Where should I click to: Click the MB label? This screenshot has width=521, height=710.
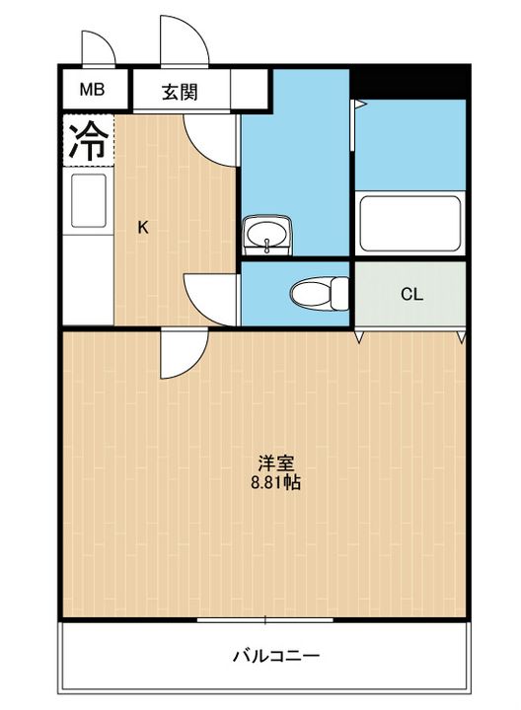click(92, 92)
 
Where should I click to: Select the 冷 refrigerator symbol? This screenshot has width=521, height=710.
click(87, 142)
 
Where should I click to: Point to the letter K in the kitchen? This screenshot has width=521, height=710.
click(143, 228)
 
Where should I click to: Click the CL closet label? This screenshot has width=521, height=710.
click(411, 294)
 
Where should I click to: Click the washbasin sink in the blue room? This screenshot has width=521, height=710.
click(266, 235)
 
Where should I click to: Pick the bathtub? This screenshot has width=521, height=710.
click(409, 225)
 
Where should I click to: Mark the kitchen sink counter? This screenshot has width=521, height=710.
click(89, 203)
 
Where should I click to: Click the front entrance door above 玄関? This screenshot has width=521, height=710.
click(184, 41)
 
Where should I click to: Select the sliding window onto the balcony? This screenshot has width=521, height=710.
click(264, 619)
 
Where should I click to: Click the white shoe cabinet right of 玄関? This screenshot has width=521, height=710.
click(250, 93)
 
